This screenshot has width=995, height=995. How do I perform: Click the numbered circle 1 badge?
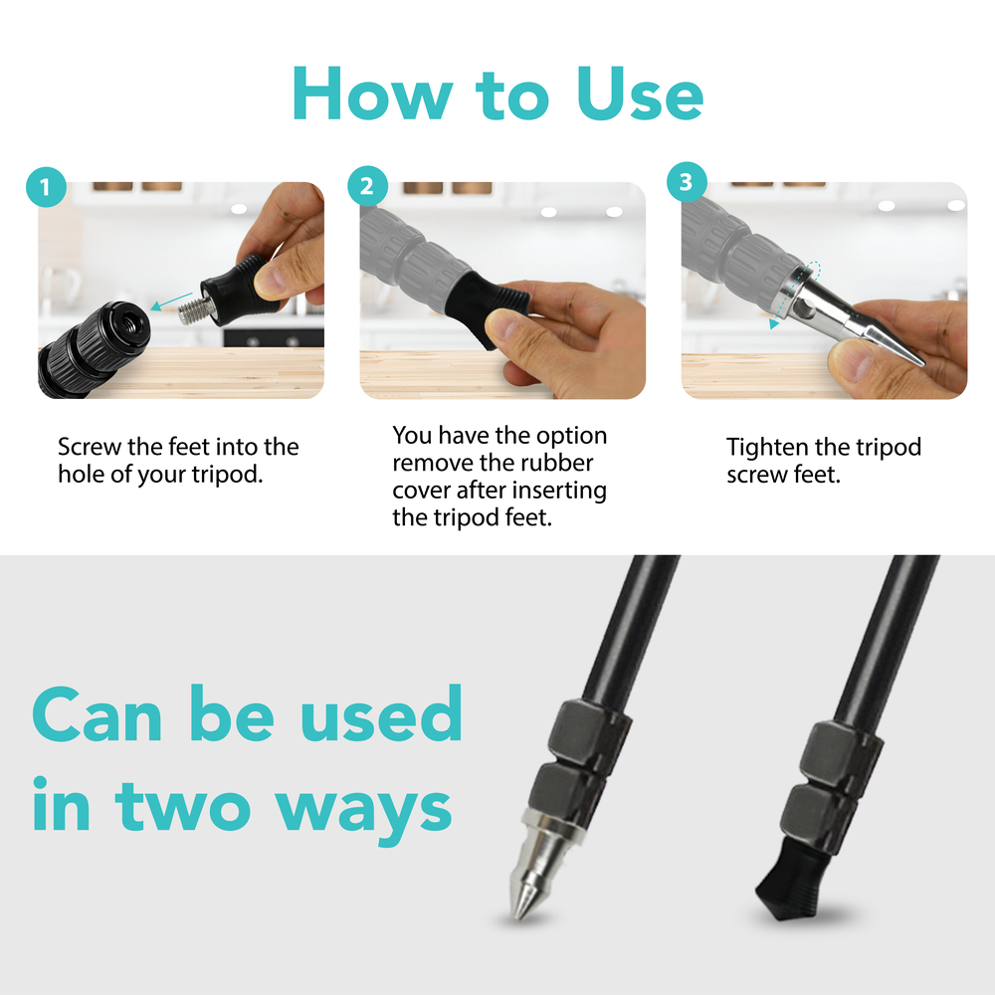46,187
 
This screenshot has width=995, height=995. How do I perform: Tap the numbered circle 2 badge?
367,186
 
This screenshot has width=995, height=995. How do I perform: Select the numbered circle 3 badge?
687,182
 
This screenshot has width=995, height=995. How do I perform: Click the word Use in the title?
640,94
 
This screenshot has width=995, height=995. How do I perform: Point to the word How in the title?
372,94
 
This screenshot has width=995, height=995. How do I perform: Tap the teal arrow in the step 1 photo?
171,301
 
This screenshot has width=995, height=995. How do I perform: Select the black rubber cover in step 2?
487,305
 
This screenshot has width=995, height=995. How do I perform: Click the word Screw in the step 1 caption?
90,447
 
